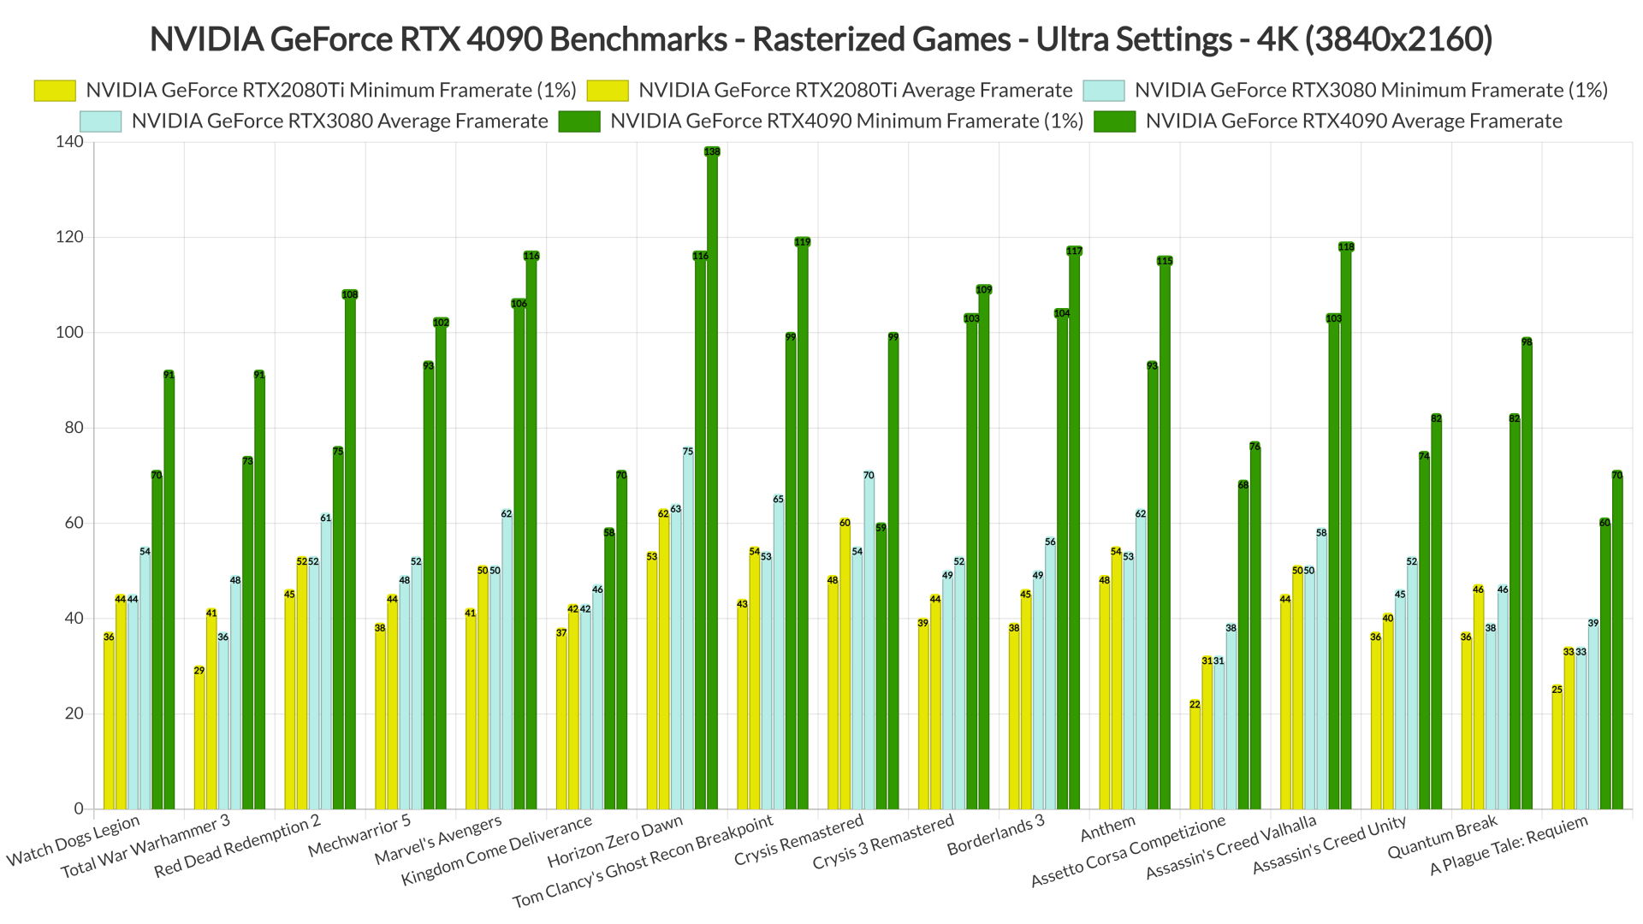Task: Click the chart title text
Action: [x=821, y=39]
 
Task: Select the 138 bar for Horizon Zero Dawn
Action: [x=712, y=479]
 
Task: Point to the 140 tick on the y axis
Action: [x=70, y=142]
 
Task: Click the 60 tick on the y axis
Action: [x=74, y=523]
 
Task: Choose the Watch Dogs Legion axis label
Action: [x=74, y=839]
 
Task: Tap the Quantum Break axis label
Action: [x=1443, y=836]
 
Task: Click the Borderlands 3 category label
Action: [x=996, y=834]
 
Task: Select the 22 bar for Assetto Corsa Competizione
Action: [x=1195, y=756]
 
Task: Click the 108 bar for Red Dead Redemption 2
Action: [x=350, y=551]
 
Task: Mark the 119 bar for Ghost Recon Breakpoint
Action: [x=803, y=525]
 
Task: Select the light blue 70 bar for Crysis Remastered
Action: [x=869, y=642]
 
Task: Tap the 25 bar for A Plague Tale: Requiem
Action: [x=1557, y=749]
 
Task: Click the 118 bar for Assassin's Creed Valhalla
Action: [x=1346, y=527]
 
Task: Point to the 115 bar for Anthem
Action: [x=1165, y=534]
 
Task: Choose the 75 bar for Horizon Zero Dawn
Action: [x=688, y=630]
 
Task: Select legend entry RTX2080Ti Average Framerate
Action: [x=855, y=91]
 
